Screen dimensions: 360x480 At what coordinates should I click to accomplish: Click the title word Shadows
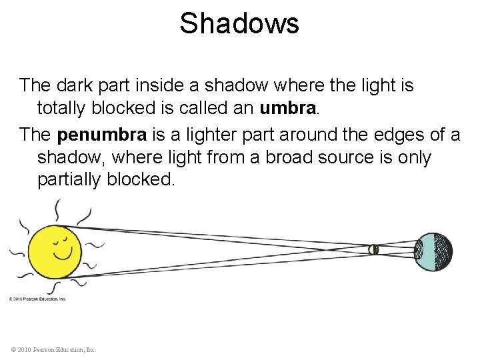coord(239,24)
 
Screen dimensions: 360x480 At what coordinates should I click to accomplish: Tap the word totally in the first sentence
coord(61,107)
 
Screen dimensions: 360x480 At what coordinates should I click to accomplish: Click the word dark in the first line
coord(69,85)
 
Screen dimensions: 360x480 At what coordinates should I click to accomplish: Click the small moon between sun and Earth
coord(374,250)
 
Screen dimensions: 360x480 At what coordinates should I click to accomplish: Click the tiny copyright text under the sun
coord(38,299)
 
